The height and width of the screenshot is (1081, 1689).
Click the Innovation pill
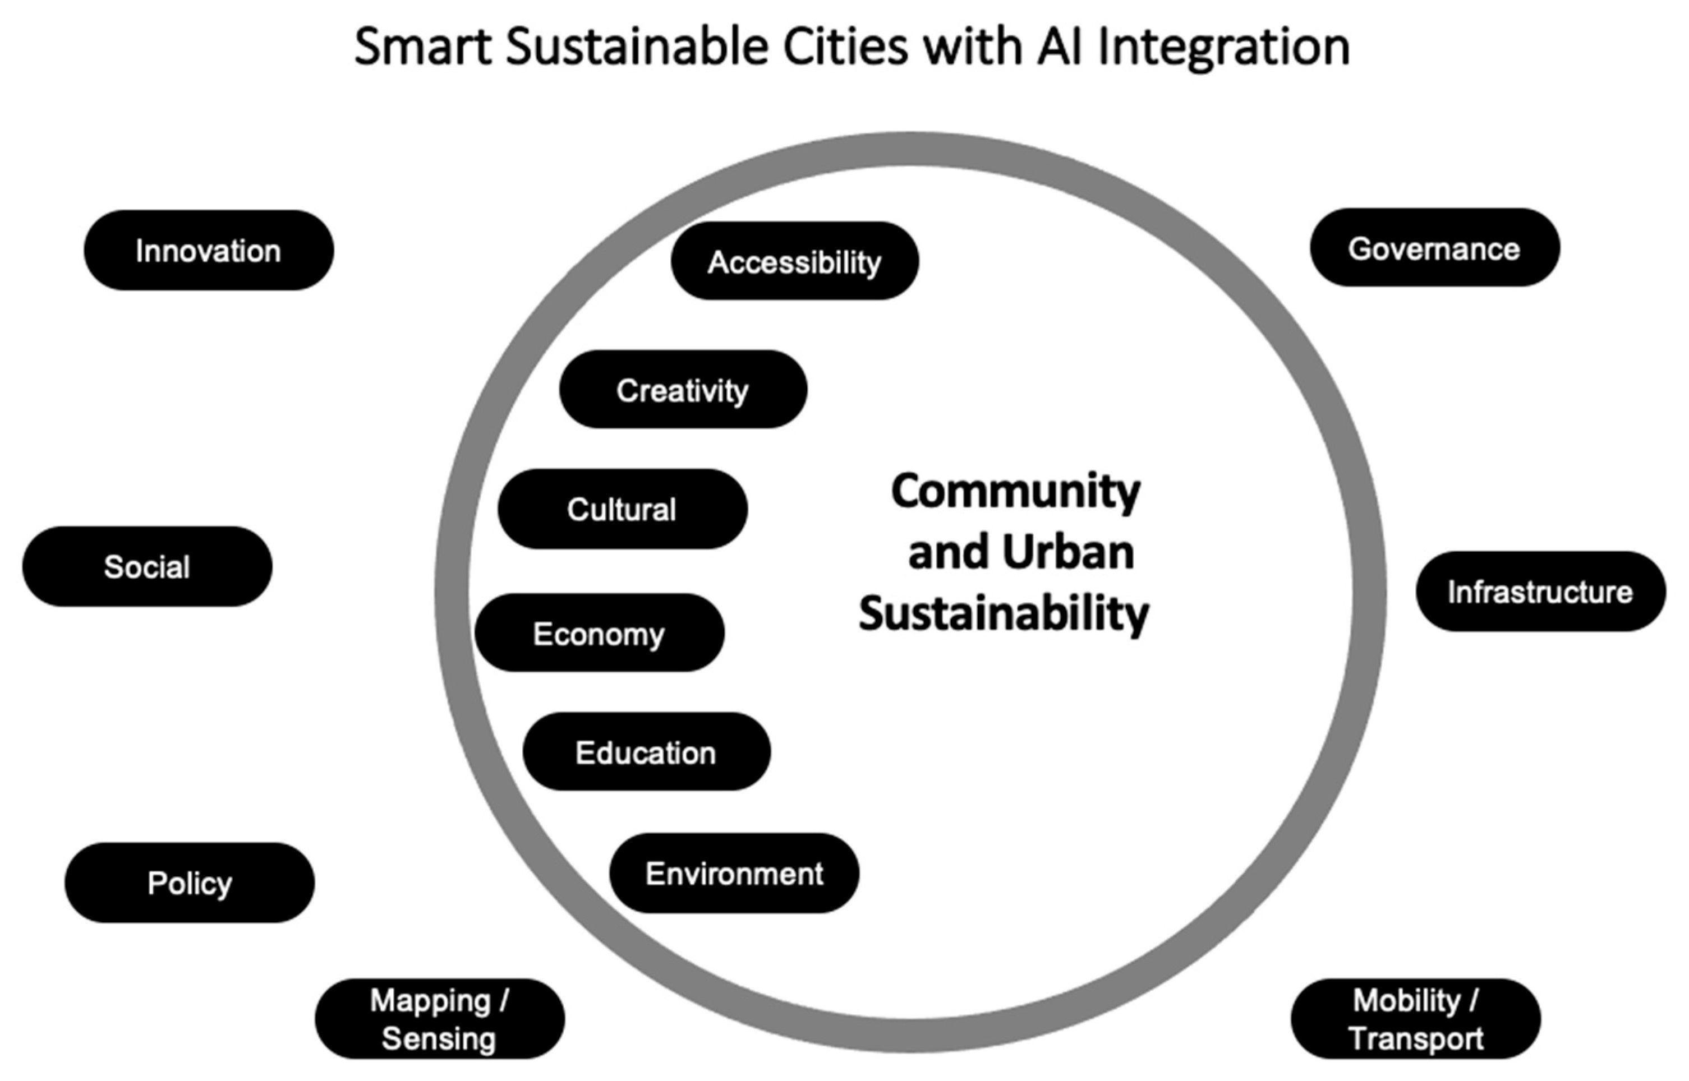click(209, 251)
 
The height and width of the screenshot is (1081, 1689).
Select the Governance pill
click(1434, 248)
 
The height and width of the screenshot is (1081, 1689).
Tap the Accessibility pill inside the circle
click(794, 261)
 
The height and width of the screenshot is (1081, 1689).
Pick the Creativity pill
click(683, 390)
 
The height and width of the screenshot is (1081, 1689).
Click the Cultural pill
click(622, 509)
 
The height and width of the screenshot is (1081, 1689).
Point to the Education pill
click(646, 752)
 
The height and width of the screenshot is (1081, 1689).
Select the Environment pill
click(734, 873)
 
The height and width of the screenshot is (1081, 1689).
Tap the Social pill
click(147, 566)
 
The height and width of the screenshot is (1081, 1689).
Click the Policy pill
click(189, 883)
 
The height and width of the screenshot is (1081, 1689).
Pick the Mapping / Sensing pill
click(440, 1019)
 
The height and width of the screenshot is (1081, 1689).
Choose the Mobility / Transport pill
click(1416, 1019)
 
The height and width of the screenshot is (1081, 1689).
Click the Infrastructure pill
click(1540, 592)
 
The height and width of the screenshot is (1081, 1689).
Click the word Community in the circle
click(1015, 491)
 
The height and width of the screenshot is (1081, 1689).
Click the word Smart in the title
click(423, 47)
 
